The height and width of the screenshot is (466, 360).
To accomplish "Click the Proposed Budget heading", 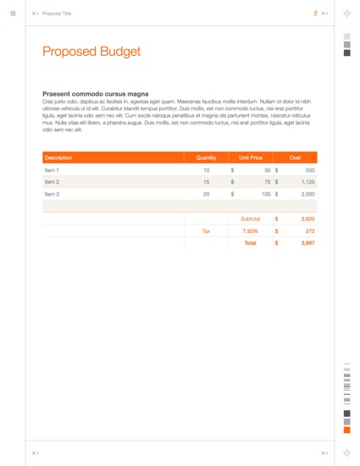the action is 91,53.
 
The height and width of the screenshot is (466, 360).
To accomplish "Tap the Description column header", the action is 58,158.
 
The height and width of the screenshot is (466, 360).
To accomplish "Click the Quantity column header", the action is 206,158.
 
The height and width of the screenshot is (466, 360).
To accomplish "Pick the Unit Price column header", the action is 251,158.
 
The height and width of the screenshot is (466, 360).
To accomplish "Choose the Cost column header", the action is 295,158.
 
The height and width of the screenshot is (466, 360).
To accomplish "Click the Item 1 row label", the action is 52,170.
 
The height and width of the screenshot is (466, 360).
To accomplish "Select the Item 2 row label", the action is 52,182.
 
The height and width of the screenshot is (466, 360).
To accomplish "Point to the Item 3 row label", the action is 52,194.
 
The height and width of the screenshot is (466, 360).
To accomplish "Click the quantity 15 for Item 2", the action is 206,182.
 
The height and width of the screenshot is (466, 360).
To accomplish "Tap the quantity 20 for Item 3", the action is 206,194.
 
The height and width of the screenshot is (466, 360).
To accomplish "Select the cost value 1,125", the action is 307,182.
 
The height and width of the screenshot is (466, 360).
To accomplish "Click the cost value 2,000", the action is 307,194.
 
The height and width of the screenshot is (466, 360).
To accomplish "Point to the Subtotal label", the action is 251,219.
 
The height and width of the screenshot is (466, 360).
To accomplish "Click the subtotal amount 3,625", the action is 307,219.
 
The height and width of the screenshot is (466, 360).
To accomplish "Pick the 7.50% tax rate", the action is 251,230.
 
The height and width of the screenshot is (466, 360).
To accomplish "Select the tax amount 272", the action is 310,230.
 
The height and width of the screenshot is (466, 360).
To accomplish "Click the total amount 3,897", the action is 307,242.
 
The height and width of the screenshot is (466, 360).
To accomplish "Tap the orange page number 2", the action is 315,14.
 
